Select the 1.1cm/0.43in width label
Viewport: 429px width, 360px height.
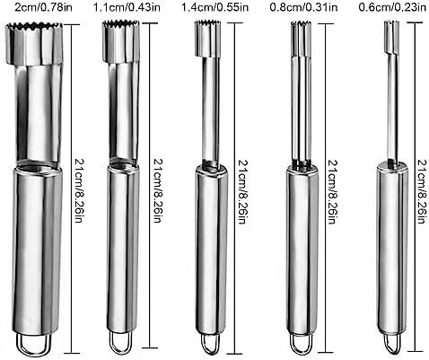pyautogui.click(x=127, y=7)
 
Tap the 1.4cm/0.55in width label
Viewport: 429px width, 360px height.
pyautogui.click(x=215, y=7)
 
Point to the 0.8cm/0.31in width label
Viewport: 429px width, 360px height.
pyautogui.click(x=303, y=7)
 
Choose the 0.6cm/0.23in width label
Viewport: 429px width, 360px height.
pyautogui.click(x=392, y=7)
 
